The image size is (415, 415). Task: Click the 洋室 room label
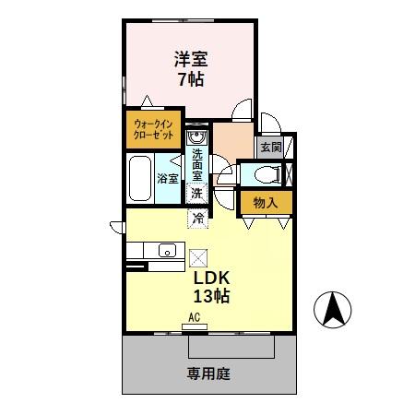(x=191, y=60)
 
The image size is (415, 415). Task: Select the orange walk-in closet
(x=153, y=128)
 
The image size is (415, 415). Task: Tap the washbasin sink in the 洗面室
(x=196, y=139)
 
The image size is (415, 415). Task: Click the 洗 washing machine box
(x=196, y=193)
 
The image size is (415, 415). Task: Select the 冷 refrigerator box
(x=197, y=219)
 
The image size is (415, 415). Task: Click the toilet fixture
(x=261, y=172)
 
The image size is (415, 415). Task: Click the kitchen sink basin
(x=167, y=250)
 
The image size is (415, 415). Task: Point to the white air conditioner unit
(x=195, y=327)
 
